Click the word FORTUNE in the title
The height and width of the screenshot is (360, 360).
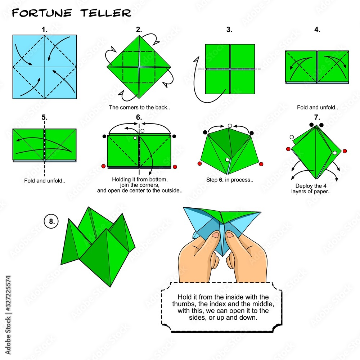point(42,13)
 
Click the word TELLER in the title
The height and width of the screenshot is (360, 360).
point(105,13)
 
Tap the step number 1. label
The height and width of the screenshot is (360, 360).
point(45,30)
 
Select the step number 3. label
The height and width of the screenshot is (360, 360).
point(229,30)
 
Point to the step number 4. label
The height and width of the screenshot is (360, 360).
point(317,30)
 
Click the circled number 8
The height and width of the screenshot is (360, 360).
point(51,221)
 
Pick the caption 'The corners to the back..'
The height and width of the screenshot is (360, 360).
point(139,107)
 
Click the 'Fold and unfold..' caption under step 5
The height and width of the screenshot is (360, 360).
point(45,181)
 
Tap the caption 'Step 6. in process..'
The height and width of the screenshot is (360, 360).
point(230,180)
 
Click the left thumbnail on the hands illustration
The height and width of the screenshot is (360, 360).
point(215,235)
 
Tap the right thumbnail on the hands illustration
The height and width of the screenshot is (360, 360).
point(230,235)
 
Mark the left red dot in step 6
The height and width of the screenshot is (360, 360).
point(103,166)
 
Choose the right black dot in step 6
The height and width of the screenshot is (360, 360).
point(174,136)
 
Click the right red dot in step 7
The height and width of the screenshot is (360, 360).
point(345,151)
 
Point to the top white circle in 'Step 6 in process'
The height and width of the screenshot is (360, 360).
point(230,126)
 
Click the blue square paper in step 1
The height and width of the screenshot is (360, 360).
point(45,67)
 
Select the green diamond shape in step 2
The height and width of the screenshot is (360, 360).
point(139,67)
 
